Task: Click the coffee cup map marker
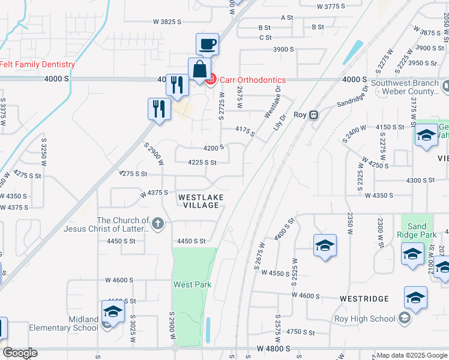pyautogui.click(x=207, y=44)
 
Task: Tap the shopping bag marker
pyautogui.click(x=199, y=69)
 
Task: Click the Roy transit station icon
pyautogui.click(x=313, y=115)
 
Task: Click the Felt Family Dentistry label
pyautogui.click(x=37, y=65)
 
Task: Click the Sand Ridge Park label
pyautogui.click(x=415, y=231)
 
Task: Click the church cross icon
pyautogui.click(x=157, y=224)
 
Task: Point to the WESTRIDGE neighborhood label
pyautogui.click(x=364, y=298)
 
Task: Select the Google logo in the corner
pyautogui.click(x=19, y=353)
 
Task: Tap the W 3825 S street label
pyautogui.click(x=167, y=21)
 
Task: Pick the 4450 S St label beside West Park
pyautogui.click(x=191, y=241)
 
